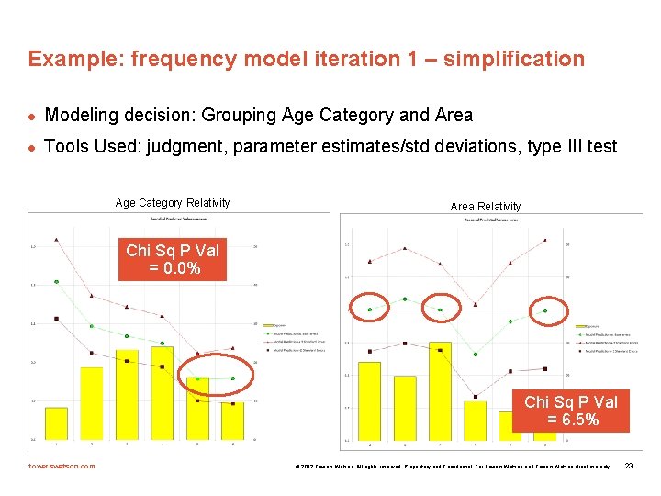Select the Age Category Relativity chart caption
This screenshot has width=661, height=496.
pyautogui.click(x=172, y=203)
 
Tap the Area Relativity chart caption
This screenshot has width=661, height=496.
pyautogui.click(x=485, y=207)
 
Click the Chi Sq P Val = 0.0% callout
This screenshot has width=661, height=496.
pyautogui.click(x=172, y=259)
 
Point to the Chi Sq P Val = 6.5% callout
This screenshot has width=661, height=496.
pyautogui.click(x=570, y=411)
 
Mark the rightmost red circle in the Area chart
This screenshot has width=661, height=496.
pyautogui.click(x=545, y=310)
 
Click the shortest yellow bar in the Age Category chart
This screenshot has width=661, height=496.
pyautogui.click(x=56, y=423)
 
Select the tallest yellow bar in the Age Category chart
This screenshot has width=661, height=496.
pyautogui.click(x=162, y=392)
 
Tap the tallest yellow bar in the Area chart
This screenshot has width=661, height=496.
pyautogui.click(x=440, y=390)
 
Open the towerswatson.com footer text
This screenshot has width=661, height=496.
pyautogui.click(x=62, y=467)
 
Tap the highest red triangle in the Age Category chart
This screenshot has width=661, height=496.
pyautogui.click(x=57, y=240)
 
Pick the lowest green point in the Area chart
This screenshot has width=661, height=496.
pyautogui.click(x=475, y=354)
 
